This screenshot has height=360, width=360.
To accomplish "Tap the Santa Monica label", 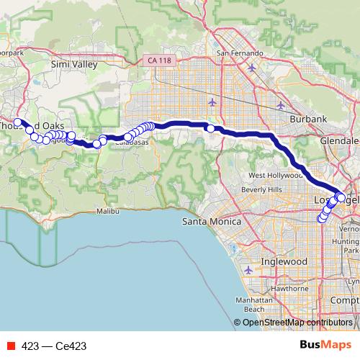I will coord(212,221).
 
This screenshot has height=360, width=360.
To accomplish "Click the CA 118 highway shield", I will coord(153,60).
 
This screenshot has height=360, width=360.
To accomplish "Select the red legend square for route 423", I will coord(11,346).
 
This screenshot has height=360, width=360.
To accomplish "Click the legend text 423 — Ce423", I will coord(54,346).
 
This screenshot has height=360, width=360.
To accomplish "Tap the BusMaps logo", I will coord(325,346).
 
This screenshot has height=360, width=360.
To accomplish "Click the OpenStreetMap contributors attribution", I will coord(297,323).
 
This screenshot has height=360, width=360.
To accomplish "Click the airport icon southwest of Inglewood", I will coord(248,270).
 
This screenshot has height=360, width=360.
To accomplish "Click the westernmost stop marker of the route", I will coord(18,122).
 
